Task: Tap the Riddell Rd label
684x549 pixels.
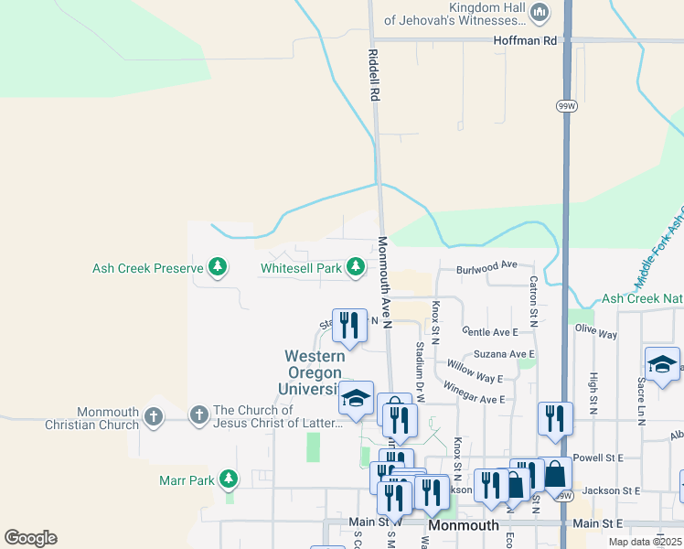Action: (374, 74)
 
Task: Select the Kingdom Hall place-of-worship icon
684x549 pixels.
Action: (540, 12)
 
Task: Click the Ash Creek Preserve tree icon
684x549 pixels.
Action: (218, 268)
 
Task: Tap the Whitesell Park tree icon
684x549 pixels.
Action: (356, 268)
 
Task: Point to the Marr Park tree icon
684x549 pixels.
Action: (229, 479)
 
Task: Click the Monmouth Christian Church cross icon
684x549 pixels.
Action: (153, 417)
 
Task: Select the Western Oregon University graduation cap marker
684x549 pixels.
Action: (356, 397)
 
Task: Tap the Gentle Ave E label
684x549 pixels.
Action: (490, 331)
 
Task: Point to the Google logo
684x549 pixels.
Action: (30, 538)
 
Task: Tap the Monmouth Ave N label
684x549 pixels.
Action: (385, 283)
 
